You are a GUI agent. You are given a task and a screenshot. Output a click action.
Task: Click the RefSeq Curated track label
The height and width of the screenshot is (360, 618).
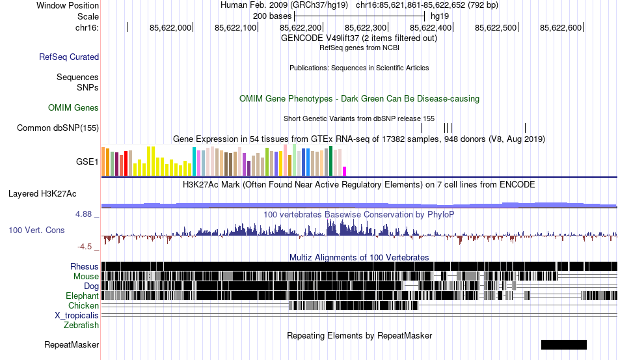click(69, 57)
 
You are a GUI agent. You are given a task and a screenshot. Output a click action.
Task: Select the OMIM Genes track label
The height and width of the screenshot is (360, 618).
click(74, 107)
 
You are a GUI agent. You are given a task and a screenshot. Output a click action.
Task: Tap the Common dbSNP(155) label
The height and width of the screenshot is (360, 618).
click(58, 128)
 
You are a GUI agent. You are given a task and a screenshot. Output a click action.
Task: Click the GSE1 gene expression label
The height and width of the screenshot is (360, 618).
click(88, 161)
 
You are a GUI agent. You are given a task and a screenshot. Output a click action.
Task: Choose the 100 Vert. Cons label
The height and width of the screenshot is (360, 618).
click(37, 230)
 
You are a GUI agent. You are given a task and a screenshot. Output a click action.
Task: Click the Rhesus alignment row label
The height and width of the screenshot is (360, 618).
click(85, 266)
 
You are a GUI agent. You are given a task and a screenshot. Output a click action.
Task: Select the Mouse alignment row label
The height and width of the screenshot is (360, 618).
click(86, 276)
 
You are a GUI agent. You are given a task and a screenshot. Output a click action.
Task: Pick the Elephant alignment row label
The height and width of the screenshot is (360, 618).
click(82, 296)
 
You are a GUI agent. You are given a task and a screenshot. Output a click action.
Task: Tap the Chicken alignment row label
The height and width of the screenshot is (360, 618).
click(84, 305)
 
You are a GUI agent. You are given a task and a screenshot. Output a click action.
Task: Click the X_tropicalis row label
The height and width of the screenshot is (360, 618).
click(77, 315)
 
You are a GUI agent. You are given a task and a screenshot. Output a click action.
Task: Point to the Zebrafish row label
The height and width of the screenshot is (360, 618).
click(81, 325)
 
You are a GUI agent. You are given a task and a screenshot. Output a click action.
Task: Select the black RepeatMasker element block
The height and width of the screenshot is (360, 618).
click(563, 344)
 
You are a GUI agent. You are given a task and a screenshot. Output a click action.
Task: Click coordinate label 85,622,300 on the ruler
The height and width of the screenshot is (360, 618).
click(366, 28)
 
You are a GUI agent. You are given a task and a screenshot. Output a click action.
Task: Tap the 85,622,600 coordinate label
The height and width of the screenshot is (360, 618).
click(561, 28)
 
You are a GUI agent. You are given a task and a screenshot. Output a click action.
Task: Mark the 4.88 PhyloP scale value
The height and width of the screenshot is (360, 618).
click(86, 214)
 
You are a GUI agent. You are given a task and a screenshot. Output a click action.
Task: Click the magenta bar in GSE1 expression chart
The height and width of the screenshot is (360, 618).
click(345, 171)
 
